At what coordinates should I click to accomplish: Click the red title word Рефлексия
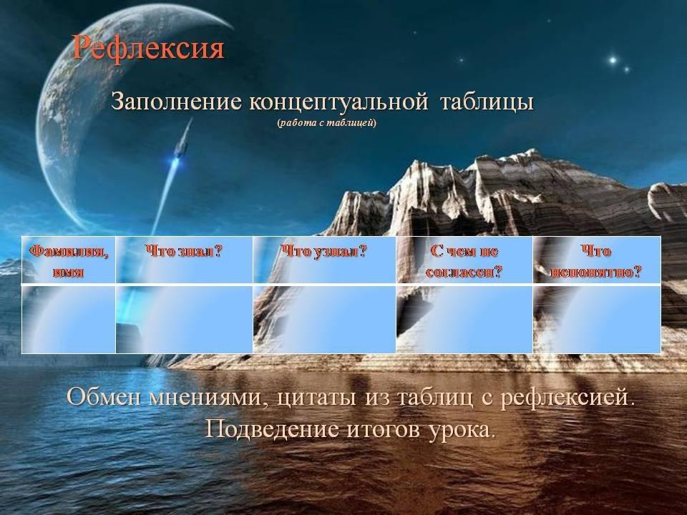pyautogui.click(x=148, y=47)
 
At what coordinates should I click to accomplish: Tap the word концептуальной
pyautogui.click(x=338, y=102)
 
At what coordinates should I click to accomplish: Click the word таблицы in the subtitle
pyautogui.click(x=487, y=102)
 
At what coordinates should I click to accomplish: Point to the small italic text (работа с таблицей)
pyautogui.click(x=326, y=122)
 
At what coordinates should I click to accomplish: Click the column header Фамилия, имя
pyautogui.click(x=69, y=261)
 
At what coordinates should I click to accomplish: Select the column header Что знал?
pyautogui.click(x=184, y=251)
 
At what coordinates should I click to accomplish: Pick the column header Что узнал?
pyautogui.click(x=323, y=251)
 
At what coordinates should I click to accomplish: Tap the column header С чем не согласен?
pyautogui.click(x=464, y=262)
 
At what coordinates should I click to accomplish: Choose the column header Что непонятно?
pyautogui.click(x=596, y=262)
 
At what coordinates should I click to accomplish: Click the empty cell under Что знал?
pyautogui.click(x=184, y=319)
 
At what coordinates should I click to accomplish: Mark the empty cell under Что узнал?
pyautogui.click(x=324, y=319)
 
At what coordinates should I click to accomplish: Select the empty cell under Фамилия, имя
pyautogui.click(x=69, y=319)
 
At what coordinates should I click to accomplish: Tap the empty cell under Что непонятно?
pyautogui.click(x=597, y=319)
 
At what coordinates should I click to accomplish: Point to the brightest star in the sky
pyautogui.click(x=613, y=60)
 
